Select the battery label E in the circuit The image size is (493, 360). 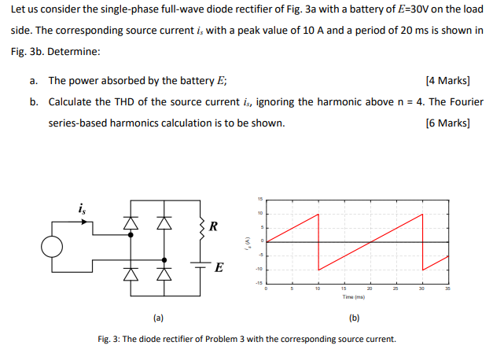tap(219, 268)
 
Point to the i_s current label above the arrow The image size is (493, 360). tap(83, 208)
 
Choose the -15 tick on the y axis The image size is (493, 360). tap(261, 281)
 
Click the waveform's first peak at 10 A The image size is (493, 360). tap(318, 214)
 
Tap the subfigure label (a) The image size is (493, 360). tap(158, 318)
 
